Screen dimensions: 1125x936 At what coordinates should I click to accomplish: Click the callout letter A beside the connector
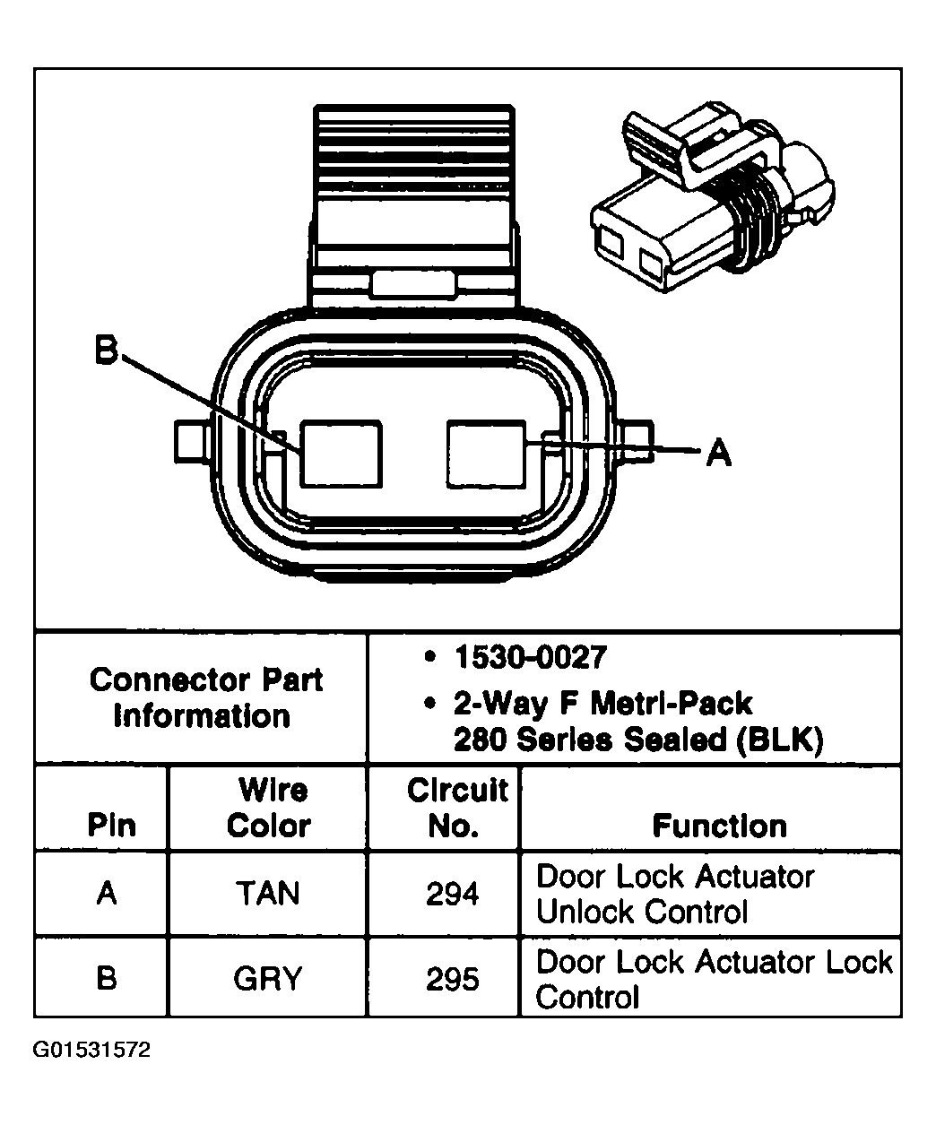(717, 453)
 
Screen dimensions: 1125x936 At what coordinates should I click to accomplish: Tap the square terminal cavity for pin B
(341, 454)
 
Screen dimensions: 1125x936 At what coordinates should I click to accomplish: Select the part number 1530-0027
(530, 658)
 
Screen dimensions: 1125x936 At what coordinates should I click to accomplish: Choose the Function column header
(719, 825)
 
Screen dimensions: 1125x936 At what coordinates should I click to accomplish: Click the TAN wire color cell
(268, 894)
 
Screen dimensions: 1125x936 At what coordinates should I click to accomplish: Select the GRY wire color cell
(268, 979)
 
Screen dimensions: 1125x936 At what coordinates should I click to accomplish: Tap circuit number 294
(453, 894)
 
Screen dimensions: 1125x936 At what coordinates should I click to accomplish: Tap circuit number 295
(453, 979)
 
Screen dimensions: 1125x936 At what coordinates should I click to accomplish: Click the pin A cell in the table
(107, 894)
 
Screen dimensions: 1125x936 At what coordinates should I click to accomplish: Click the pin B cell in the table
(107, 979)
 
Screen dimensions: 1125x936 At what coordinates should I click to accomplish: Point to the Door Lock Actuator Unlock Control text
(674, 894)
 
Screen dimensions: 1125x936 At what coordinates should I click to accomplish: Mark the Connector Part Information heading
(205, 697)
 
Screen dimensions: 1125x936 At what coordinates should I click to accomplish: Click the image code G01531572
(92, 1050)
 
